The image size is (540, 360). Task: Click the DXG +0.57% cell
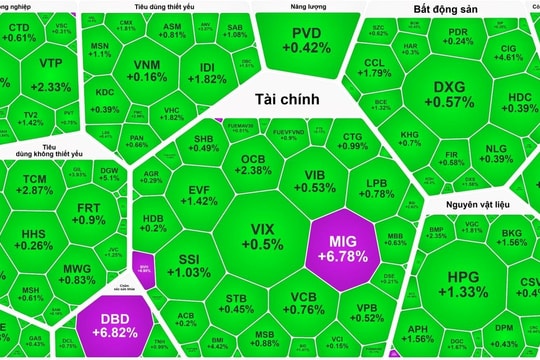click(454, 94)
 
